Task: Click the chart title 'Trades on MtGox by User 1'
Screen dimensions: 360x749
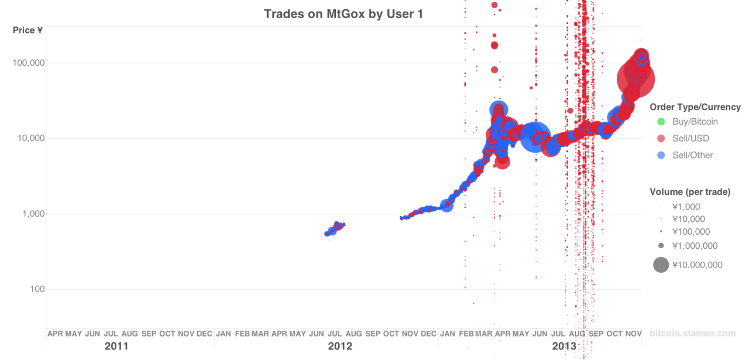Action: pyautogui.click(x=343, y=13)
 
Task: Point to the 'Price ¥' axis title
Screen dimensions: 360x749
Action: pyautogui.click(x=28, y=30)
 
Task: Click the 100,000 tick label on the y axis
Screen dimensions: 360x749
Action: pyautogui.click(x=29, y=63)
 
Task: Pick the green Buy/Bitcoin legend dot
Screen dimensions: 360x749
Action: pyautogui.click(x=661, y=122)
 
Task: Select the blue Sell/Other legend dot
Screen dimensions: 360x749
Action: pyautogui.click(x=661, y=155)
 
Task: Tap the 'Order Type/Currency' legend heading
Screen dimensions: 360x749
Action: pyautogui.click(x=695, y=107)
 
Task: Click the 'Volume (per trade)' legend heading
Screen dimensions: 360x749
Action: pyautogui.click(x=690, y=192)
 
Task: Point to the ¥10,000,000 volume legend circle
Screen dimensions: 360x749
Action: pyautogui.click(x=661, y=265)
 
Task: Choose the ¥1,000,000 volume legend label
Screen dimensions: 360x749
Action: pyautogui.click(x=695, y=246)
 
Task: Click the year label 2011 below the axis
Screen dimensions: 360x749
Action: pyautogui.click(x=116, y=346)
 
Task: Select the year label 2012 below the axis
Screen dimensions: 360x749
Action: pyautogui.click(x=340, y=346)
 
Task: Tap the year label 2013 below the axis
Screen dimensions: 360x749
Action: pyautogui.click(x=564, y=346)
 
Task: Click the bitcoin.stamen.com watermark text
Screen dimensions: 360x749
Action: pyautogui.click(x=692, y=334)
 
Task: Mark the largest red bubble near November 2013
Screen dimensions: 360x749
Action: pyautogui.click(x=636, y=78)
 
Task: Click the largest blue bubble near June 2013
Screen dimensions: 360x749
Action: pyautogui.click(x=535, y=138)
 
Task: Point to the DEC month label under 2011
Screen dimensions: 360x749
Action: pyautogui.click(x=204, y=334)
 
